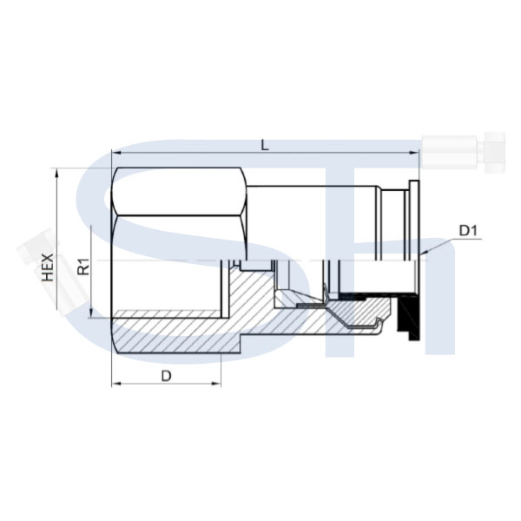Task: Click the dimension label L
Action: point(265,145)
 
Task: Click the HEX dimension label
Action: point(48,267)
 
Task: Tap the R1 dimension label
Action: point(83,267)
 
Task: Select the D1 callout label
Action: point(468,231)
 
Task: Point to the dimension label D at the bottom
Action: point(166,377)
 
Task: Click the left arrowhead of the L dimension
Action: point(116,153)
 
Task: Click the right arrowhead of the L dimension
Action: point(415,153)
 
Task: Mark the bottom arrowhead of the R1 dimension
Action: point(90,313)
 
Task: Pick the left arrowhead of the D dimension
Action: point(116,384)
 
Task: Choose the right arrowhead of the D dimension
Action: point(216,384)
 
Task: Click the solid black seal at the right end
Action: point(408,316)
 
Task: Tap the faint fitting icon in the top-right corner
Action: point(464,152)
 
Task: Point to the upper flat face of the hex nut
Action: point(180,192)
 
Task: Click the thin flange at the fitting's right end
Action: point(414,220)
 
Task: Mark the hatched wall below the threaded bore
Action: point(176,335)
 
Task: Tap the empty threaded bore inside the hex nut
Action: point(166,285)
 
